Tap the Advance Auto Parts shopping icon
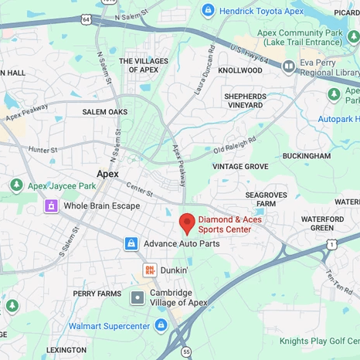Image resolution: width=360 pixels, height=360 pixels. click(131, 243)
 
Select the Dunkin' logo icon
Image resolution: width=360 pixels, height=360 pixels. click(149, 270)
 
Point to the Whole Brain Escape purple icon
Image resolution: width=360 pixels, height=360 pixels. click(51, 205)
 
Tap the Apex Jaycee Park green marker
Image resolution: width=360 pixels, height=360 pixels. click(15, 185)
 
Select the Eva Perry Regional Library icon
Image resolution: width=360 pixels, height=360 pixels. click(289, 66)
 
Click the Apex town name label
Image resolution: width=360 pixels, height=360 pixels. click(107, 174)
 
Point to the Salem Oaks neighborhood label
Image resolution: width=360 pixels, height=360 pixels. click(105, 112)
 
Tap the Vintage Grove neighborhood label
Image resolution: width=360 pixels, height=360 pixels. click(240, 166)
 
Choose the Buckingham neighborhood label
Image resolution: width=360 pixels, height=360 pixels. click(306, 155)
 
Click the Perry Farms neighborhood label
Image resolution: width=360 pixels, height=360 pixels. click(97, 294)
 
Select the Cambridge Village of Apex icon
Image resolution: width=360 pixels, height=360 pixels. click(138, 297)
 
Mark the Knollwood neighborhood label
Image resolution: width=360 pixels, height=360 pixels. click(240, 70)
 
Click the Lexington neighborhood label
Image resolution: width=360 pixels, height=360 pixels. click(66, 350)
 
